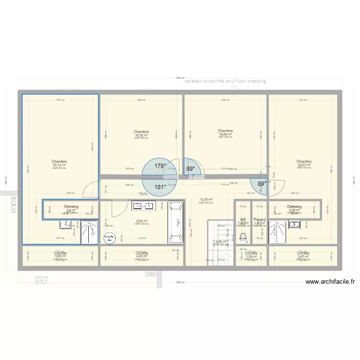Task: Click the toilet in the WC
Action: (243, 237)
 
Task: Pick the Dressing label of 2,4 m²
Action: (71, 207)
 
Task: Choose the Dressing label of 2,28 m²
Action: (295, 207)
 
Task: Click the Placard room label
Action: (259, 219)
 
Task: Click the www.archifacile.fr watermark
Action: (330, 283)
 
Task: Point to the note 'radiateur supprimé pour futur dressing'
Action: (224, 82)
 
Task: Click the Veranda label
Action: (42, 277)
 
